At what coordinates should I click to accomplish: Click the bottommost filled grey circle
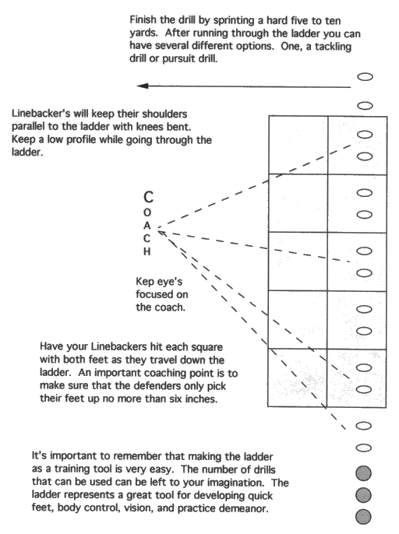tap(363, 515)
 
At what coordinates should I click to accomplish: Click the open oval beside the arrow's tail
tap(363, 78)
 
